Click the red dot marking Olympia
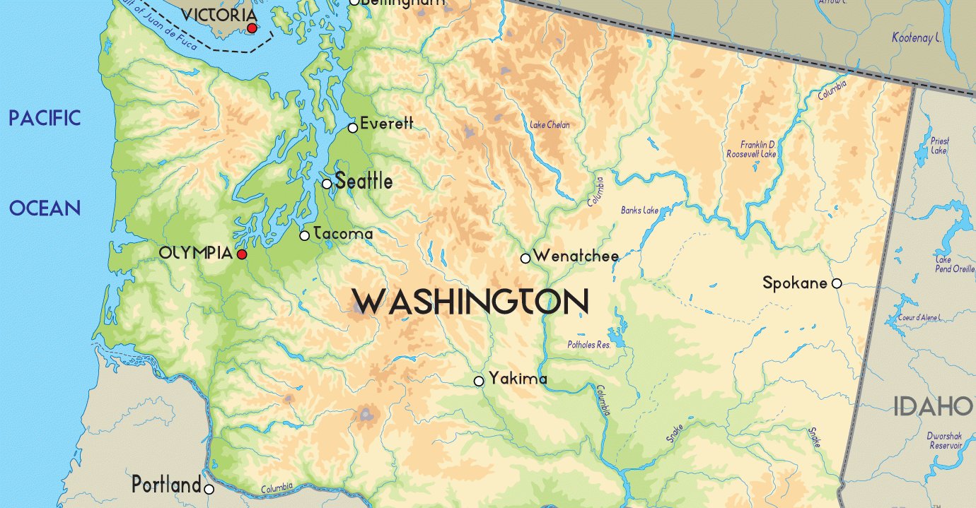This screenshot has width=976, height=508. coord(242,254)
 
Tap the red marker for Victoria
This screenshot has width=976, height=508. coord(252,28)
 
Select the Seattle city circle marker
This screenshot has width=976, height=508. coord(327,184)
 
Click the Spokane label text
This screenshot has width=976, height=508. coord(794,283)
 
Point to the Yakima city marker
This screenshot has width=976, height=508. coord(479,381)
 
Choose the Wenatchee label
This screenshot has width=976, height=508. coord(576,256)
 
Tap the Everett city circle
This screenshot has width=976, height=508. coord(353,128)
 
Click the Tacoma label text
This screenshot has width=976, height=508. coord(342,233)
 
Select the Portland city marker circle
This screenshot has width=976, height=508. coord(209,489)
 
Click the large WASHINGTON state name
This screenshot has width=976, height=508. coord(471,302)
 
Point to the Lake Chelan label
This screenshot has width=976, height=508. coord(550,125)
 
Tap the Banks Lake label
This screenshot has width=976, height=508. coord(639,211)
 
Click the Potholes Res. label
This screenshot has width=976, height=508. coord(588,345)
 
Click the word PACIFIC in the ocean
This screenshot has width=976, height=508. coord(45,118)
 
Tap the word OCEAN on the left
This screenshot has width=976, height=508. coord(45,208)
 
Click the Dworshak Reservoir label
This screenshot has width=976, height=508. coord(945,441)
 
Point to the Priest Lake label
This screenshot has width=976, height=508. coord(939,146)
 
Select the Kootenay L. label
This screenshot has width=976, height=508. coord(920,37)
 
